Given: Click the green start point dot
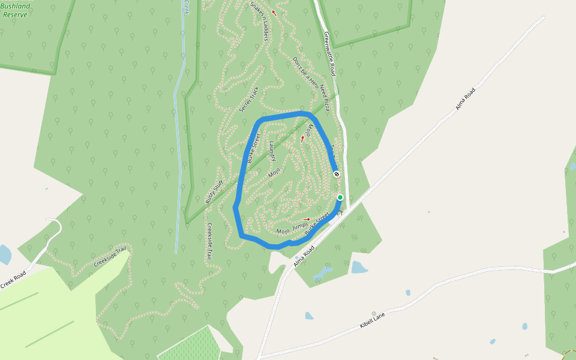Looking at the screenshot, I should [340, 197].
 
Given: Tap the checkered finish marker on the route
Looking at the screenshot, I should [337, 174].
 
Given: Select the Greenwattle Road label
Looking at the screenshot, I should [328, 53].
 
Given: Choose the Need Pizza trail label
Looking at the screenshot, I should [325, 98].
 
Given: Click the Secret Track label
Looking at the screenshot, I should [249, 99].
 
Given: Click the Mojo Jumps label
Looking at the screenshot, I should [292, 229].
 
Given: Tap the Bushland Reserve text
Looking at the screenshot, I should [15, 10].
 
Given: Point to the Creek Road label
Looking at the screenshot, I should [13, 280].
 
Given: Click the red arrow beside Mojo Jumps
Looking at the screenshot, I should [307, 220].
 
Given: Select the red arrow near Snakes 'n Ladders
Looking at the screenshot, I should [274, 12].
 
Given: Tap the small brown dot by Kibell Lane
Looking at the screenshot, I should [374, 313].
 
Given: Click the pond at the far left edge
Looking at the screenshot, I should [4, 254].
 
